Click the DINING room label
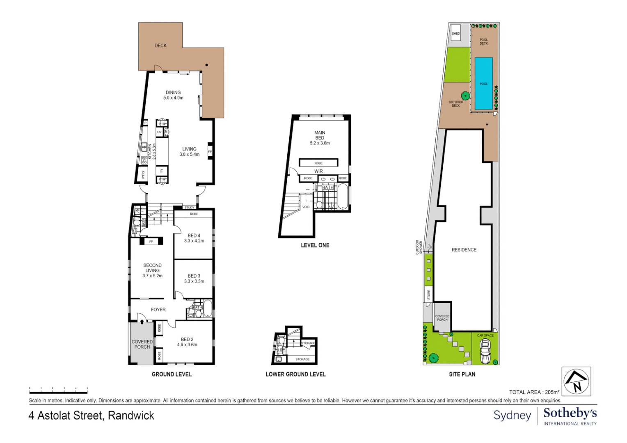pos(173,93)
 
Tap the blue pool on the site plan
pos(483,83)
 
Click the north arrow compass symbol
pos(576,381)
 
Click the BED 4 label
pos(194,236)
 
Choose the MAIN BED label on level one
pos(320,135)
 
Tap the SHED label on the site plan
pos(455,34)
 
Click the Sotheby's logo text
pos(570,413)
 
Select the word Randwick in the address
pos(131,416)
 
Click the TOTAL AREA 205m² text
pos(534,392)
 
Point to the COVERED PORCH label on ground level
pos(142,344)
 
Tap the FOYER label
pos(158,310)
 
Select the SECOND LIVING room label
pos(152,268)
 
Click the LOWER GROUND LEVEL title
pos(295,374)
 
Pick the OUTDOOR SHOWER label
pos(419,247)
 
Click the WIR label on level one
pos(318,171)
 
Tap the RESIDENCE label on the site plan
pos(464,250)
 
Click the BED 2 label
pos(187,340)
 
